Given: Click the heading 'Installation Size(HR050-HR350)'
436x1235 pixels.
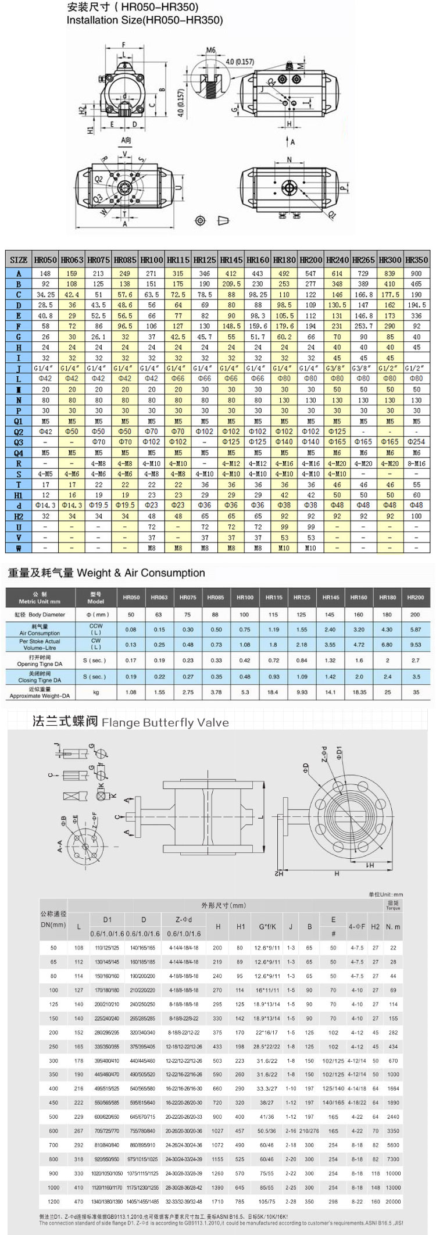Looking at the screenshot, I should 144,20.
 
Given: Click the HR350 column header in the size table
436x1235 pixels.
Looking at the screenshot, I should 416,260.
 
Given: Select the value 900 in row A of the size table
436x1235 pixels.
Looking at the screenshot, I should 416,273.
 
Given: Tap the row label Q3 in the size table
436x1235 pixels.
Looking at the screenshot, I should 19,442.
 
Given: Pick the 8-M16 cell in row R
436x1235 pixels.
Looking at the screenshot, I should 416,463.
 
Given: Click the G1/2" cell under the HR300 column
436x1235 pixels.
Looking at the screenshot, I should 389,368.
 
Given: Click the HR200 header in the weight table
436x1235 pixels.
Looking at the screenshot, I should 415,597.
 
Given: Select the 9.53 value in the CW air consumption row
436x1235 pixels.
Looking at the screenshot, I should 415,644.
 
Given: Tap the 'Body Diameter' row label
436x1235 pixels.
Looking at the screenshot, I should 40,615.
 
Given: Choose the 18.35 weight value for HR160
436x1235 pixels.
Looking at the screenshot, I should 359,693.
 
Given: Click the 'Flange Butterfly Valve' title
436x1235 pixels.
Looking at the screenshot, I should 165,723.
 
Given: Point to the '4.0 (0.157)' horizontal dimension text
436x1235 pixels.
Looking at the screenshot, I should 240,62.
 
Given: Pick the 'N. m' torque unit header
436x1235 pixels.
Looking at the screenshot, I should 393,927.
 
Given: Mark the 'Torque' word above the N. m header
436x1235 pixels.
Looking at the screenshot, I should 393,908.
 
